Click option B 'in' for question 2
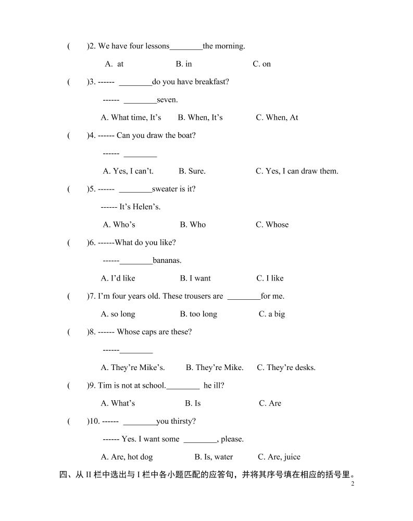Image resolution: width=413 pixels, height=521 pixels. tap(184, 64)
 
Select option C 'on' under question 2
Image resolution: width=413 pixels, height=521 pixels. tap(262, 64)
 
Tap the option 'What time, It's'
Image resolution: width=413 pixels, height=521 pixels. tap(131, 118)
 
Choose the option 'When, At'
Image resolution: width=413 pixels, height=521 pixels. tap(277, 118)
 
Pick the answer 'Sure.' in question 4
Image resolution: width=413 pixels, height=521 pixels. tap(192, 171)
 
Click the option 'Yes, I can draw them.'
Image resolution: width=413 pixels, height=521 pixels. tap(297, 171)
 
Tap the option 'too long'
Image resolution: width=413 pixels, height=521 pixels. tap(198, 314)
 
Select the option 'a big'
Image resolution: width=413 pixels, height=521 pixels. tap(272, 314)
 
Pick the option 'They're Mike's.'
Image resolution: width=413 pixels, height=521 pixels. tap(133, 368)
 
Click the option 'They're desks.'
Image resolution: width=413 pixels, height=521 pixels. tap(286, 368)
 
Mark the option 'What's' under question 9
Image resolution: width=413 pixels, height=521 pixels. tap(118, 403)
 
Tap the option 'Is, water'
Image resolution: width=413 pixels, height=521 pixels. tap(214, 457)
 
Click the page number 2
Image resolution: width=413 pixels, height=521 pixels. tap(353, 484)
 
